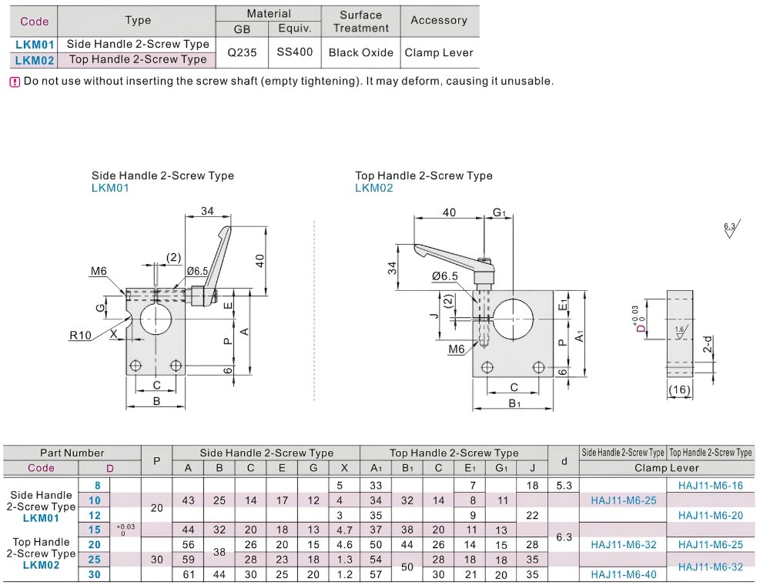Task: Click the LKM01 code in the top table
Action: click(35, 45)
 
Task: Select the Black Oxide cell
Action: click(361, 52)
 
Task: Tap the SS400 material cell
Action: click(295, 52)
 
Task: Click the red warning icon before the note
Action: click(15, 82)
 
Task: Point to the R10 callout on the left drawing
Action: click(81, 336)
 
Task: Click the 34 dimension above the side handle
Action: click(207, 211)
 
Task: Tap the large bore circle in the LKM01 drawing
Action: click(156, 319)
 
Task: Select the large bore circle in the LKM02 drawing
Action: click(513, 319)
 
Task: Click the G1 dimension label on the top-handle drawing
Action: click(499, 212)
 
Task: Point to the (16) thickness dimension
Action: click(680, 389)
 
